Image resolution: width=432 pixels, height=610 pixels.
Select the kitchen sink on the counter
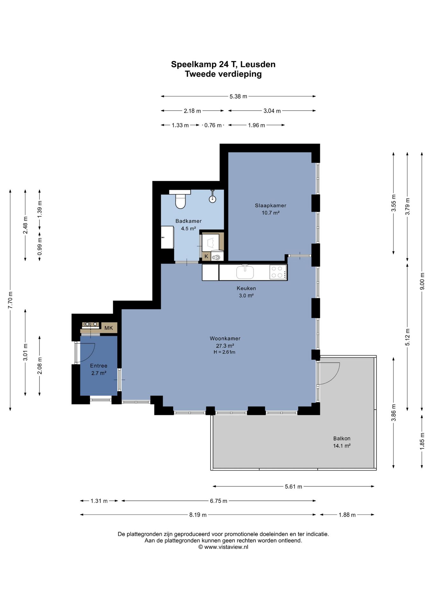(x=245, y=272)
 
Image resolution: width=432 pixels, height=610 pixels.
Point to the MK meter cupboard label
(x=109, y=328)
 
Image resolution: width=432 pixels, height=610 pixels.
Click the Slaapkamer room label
(x=270, y=206)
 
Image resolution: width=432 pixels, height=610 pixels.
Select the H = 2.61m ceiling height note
(x=225, y=352)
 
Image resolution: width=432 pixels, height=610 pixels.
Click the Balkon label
(x=342, y=438)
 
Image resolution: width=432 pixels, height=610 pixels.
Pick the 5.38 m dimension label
(x=238, y=96)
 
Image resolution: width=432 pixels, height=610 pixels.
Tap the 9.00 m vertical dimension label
(x=422, y=281)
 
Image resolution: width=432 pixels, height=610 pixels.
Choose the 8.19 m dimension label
(x=198, y=515)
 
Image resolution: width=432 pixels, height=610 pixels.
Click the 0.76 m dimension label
(x=213, y=125)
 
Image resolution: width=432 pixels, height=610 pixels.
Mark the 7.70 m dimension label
(x=10, y=300)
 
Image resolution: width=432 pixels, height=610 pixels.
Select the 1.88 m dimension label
(x=347, y=515)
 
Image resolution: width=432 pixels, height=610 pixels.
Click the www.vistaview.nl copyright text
(x=223, y=547)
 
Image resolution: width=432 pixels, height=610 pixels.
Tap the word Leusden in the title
(x=258, y=64)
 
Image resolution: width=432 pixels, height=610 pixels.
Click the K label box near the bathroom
(x=206, y=256)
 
